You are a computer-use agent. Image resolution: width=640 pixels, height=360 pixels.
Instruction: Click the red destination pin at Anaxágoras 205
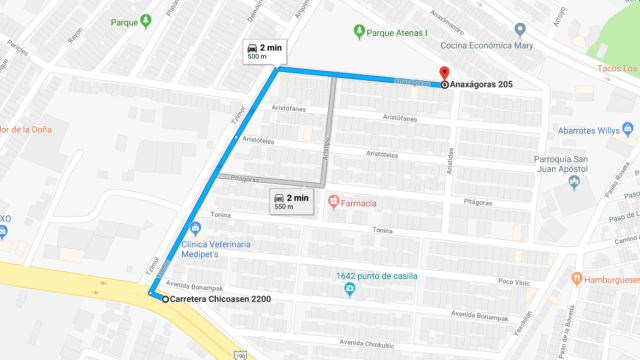tap(443, 72)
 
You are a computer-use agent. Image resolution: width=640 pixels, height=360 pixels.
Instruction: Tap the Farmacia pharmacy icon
tap(334, 204)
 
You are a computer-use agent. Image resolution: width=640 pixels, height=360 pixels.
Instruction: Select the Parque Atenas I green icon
tap(359, 31)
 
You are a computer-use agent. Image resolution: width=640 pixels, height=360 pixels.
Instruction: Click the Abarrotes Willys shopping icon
tap(628, 129)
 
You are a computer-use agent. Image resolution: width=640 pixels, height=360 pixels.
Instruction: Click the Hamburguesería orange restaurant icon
tap(578, 279)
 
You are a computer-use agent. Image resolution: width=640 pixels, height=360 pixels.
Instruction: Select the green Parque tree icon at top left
tap(146, 21)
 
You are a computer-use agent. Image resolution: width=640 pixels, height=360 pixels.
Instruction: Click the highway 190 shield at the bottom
tap(240, 355)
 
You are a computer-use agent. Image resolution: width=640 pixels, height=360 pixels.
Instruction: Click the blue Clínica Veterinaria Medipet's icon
tap(196, 228)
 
